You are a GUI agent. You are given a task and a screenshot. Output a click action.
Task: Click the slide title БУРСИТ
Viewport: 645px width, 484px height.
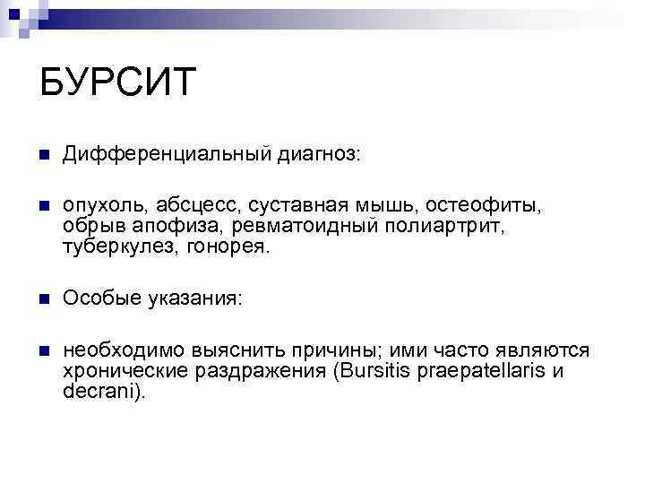pyautogui.click(x=117, y=83)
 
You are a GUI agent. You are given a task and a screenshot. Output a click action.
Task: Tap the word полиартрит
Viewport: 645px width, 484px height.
pyautogui.click(x=444, y=227)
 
